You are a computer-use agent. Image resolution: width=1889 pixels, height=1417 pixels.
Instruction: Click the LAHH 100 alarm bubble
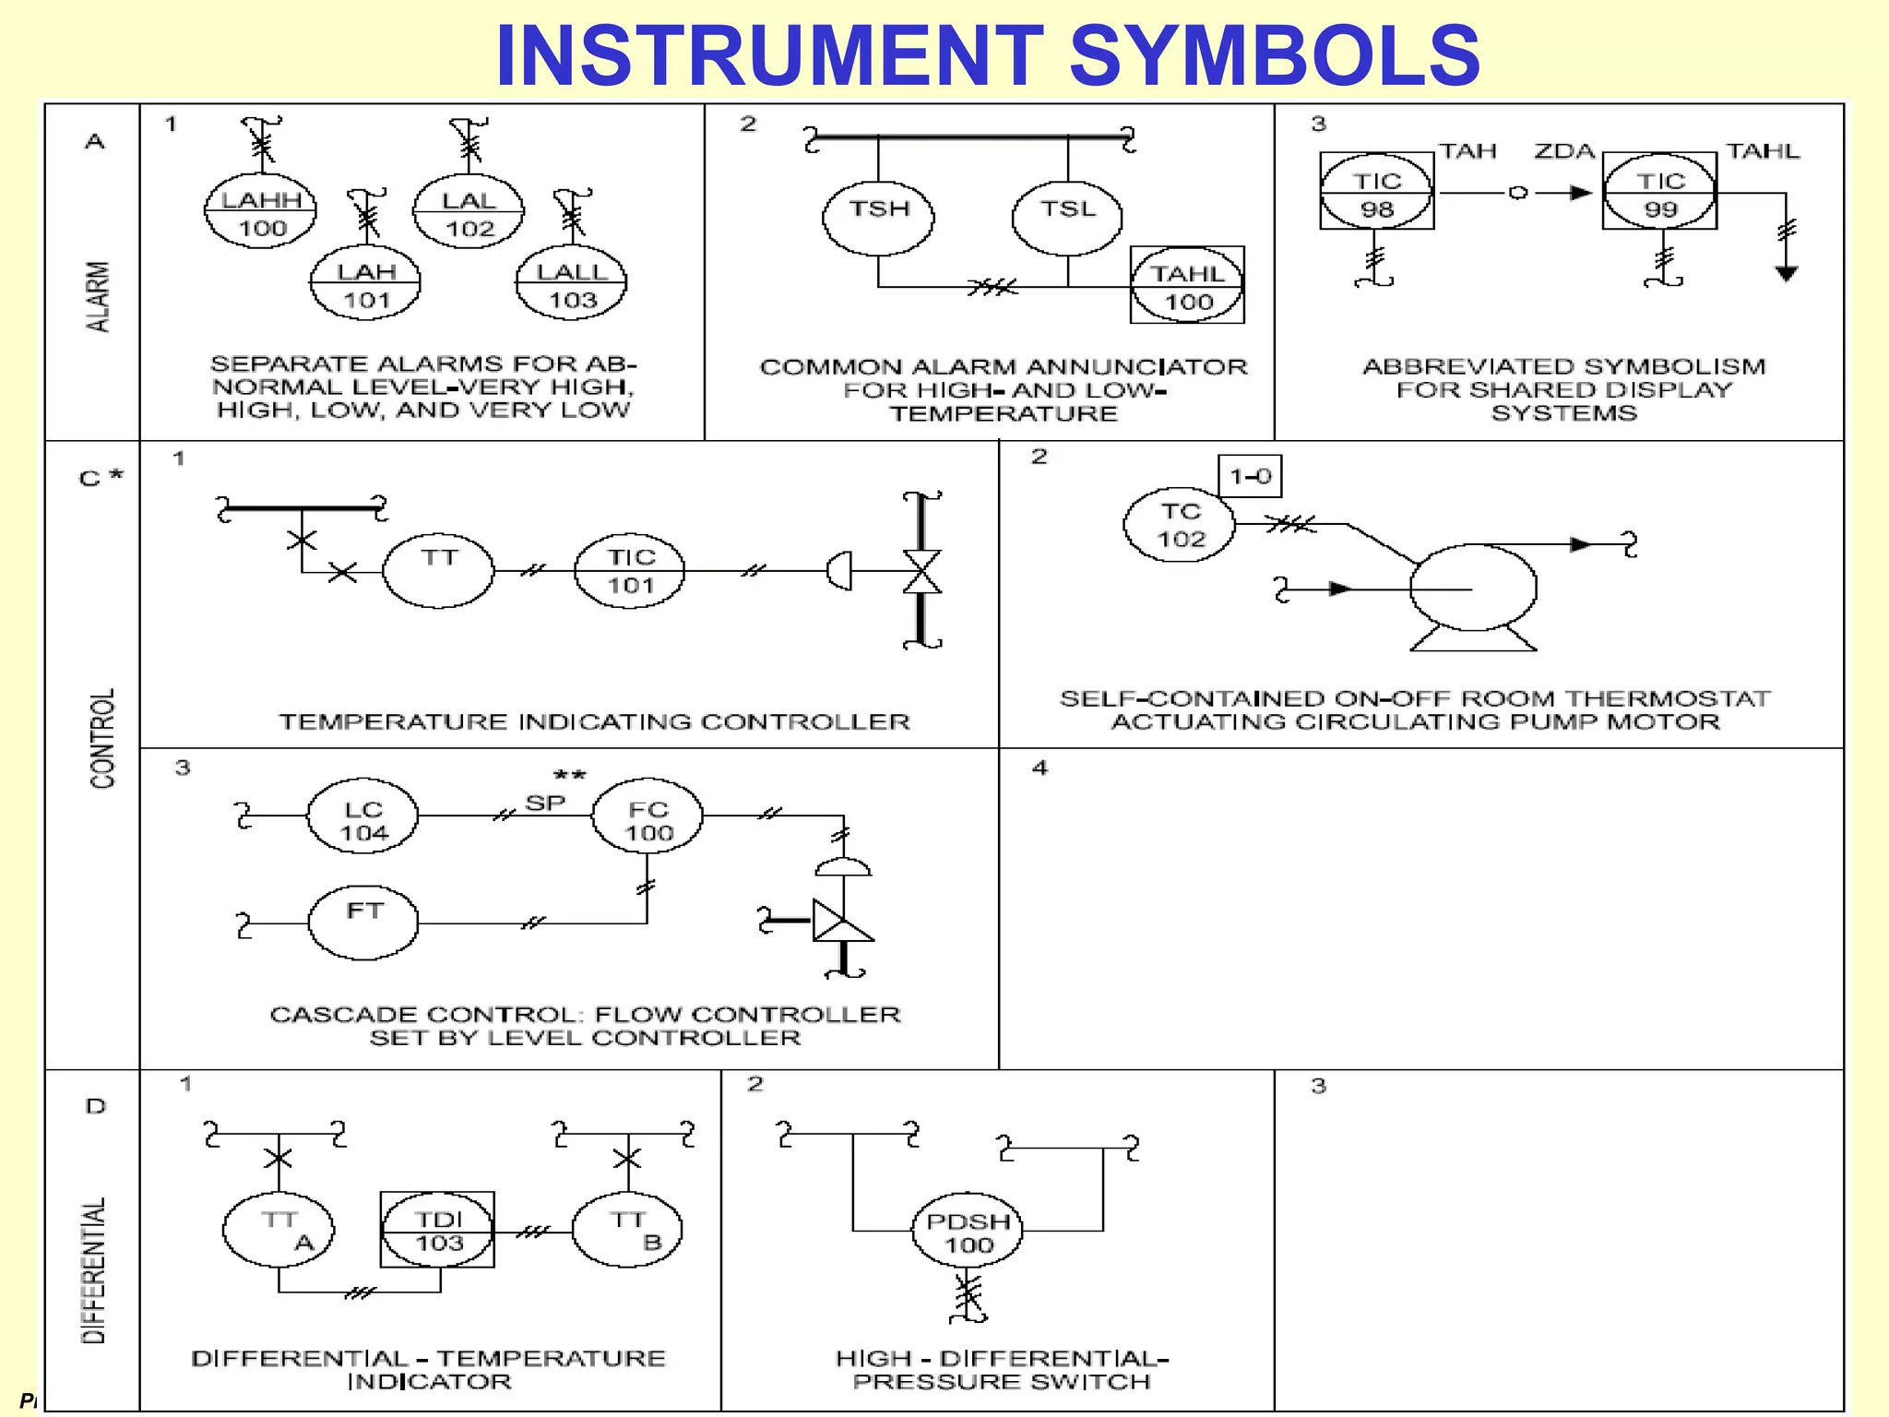261,212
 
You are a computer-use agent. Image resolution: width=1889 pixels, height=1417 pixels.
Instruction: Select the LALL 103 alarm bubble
572,284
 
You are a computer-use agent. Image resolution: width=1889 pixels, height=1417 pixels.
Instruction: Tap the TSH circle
878,218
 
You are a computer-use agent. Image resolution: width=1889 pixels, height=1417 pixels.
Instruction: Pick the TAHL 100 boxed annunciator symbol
1187,285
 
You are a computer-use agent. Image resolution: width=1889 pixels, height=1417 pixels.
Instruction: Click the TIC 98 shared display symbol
1376,193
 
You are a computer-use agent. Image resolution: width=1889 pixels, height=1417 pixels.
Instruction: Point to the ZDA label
1564,151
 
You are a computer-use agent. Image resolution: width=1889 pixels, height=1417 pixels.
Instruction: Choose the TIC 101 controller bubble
630,570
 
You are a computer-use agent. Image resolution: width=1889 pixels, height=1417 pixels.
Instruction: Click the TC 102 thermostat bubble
1180,524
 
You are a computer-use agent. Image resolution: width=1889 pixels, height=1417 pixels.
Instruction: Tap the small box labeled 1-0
1250,476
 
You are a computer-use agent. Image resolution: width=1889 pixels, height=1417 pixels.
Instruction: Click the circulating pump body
1474,589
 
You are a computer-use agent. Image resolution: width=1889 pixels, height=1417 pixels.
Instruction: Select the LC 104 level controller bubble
362,819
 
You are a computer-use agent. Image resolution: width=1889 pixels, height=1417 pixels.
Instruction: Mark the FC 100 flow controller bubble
647,819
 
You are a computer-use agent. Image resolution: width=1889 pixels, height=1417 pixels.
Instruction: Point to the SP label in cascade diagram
545,803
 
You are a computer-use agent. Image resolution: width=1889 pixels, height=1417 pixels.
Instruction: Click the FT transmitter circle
362,922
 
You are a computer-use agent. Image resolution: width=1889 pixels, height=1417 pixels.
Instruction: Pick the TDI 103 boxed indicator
438,1230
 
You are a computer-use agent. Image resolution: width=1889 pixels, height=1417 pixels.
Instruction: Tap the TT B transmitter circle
628,1230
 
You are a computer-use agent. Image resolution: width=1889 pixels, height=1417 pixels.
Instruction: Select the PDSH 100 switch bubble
968,1232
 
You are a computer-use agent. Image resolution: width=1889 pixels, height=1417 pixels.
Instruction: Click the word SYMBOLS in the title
1275,55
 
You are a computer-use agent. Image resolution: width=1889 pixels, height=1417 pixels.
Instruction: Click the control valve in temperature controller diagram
921,572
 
